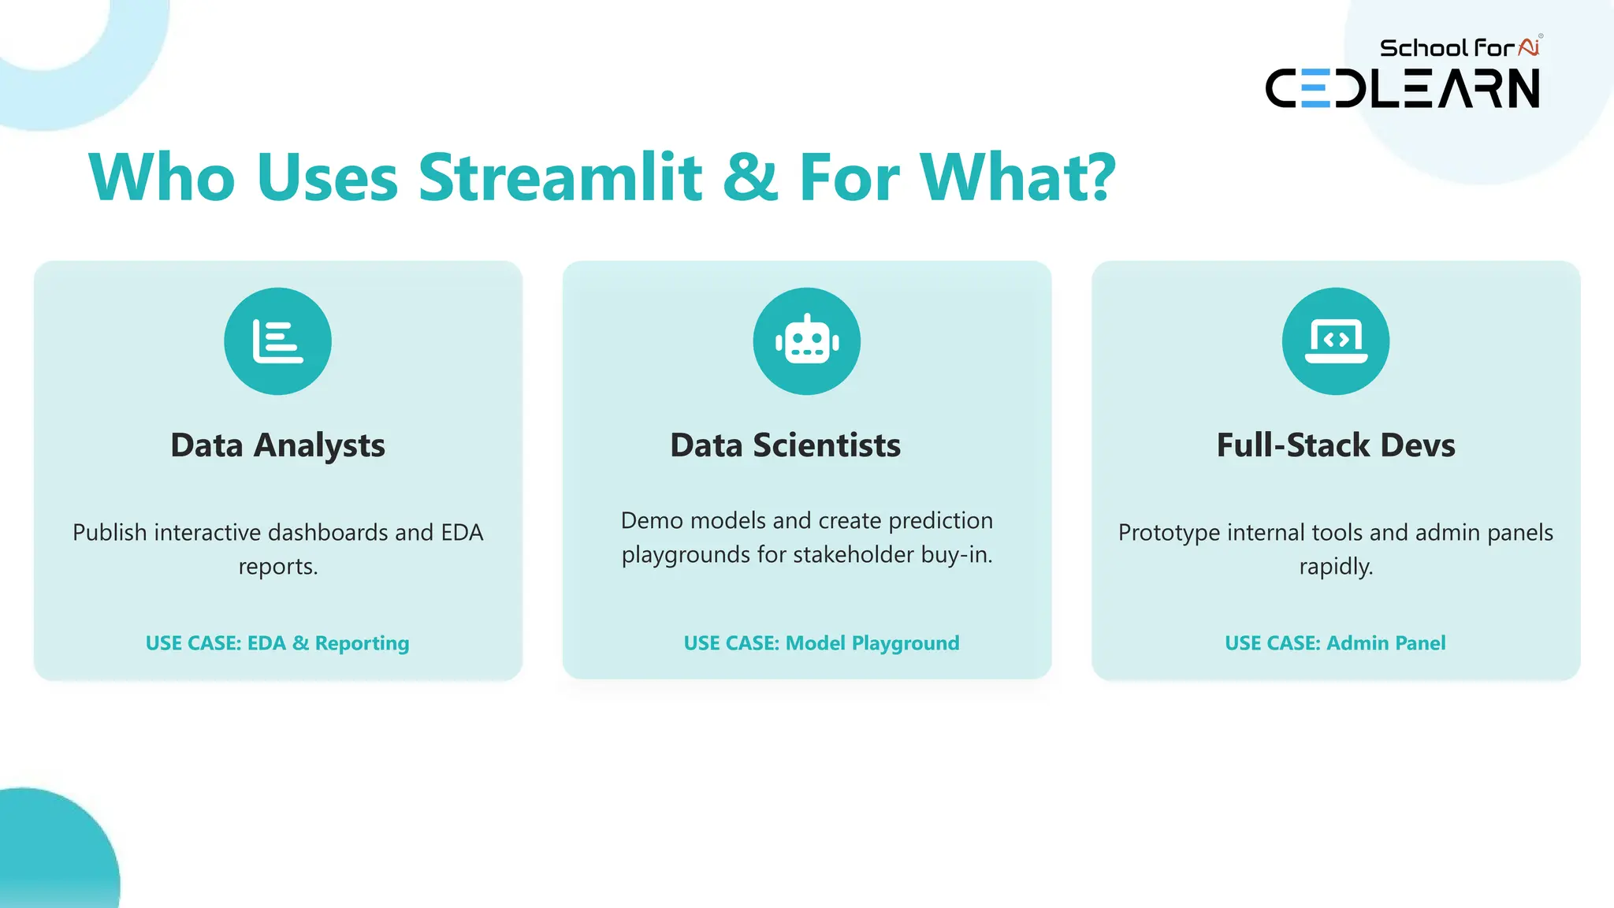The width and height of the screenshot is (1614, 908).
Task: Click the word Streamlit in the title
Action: pos(560,177)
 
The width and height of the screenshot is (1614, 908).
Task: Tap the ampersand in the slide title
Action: pos(749,177)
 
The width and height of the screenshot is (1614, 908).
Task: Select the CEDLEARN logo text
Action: pos(1402,88)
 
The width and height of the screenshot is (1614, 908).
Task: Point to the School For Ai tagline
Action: pos(1458,48)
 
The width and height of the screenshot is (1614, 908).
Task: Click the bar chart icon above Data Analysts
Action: pos(277,341)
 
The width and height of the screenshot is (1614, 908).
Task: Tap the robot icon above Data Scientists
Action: pos(806,341)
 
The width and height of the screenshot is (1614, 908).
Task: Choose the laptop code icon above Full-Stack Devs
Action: pos(1335,341)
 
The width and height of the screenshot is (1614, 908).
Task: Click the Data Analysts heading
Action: pos(277,445)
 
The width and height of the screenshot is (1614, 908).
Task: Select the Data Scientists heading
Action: pos(785,445)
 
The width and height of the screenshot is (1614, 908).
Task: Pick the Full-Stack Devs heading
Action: pos(1335,445)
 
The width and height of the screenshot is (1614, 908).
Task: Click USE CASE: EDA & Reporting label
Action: pos(277,643)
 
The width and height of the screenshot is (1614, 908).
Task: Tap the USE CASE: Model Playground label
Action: pos(821,643)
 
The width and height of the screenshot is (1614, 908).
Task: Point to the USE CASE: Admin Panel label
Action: pos(1335,643)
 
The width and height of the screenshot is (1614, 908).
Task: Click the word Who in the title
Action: pos(162,177)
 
